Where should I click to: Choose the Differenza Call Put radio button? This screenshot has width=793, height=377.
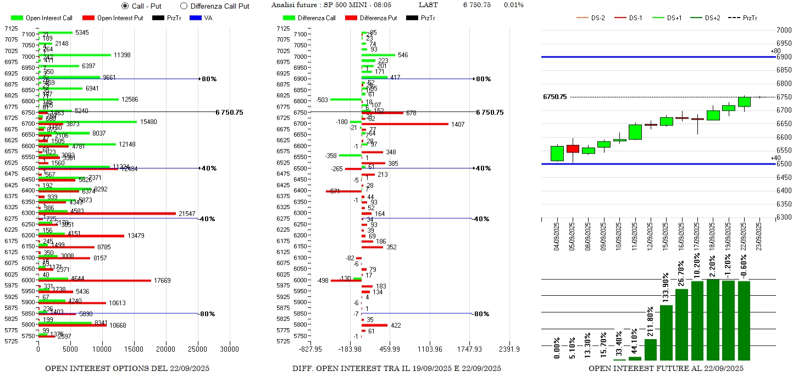pyautogui.click(x=184, y=6)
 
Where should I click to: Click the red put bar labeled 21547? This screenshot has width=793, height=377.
pyautogui.click(x=107, y=213)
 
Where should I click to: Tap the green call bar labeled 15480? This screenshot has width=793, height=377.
pyautogui.click(x=88, y=122)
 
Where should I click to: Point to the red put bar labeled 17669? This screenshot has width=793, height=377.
pyautogui.click(x=95, y=280)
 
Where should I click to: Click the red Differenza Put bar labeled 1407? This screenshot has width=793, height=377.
pyautogui.click(x=405, y=124)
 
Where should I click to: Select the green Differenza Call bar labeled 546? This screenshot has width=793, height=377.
pyautogui.click(x=378, y=55)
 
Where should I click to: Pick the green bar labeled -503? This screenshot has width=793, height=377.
pyautogui.click(x=346, y=99)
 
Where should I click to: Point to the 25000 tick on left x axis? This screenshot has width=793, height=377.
pyautogui.click(x=197, y=348)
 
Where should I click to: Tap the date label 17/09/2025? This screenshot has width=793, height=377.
pyautogui.click(x=698, y=235)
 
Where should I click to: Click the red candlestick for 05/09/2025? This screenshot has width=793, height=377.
pyautogui.click(x=573, y=149)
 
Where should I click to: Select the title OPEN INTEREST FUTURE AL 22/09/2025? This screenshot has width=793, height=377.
pyautogui.click(x=666, y=368)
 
